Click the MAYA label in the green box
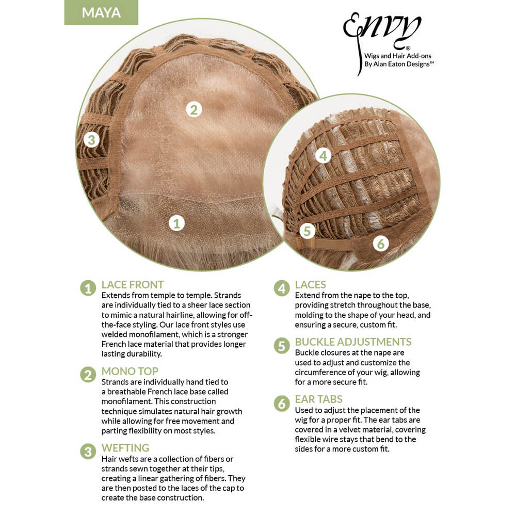(101, 12)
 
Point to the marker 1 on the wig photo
(176, 223)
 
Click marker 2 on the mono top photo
(194, 109)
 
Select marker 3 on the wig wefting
(91, 139)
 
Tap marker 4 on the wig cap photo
(323, 156)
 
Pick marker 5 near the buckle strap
(307, 231)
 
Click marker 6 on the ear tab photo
(381, 244)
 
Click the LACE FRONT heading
(132, 284)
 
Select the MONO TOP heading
(130, 371)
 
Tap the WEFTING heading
(125, 447)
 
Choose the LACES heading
(310, 284)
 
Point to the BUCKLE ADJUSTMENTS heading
(353, 342)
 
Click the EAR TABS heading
(318, 399)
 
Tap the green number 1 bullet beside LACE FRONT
(88, 288)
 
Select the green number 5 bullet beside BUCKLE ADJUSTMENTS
(282, 346)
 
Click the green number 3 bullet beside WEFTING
(88, 451)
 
